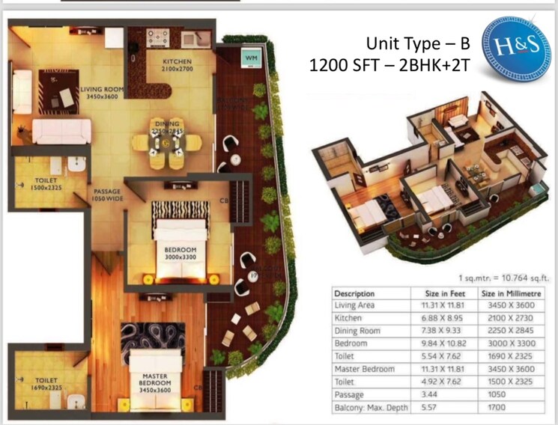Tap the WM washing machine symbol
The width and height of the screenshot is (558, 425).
(x=249, y=57)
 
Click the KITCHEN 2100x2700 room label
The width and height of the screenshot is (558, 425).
(x=177, y=65)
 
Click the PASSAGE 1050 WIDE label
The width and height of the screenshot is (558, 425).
(x=106, y=195)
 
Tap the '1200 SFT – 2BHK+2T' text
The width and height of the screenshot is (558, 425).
(x=389, y=66)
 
